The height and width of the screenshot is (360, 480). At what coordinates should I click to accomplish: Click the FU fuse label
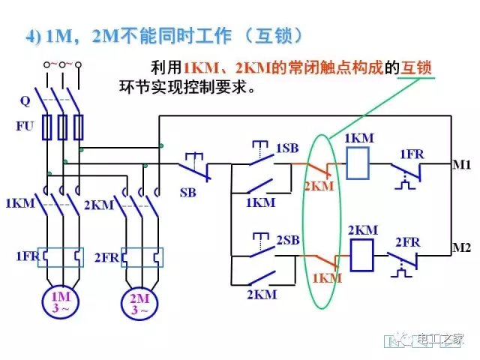coord(25,126)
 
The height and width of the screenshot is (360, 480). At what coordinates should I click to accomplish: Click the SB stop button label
coord(187,193)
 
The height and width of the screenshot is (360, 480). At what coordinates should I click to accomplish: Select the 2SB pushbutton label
coord(287,240)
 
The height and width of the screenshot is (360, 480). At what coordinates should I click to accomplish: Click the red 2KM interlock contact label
coord(319,185)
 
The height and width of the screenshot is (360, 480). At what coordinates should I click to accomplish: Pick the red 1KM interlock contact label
coord(325,277)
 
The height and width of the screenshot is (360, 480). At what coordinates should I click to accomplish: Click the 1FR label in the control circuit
coord(411,154)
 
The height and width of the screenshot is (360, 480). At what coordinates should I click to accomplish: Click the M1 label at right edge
coord(461,163)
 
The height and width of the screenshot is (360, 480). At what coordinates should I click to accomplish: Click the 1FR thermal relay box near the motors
coord(61,257)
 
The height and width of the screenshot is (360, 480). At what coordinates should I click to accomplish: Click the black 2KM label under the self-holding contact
coord(261,294)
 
